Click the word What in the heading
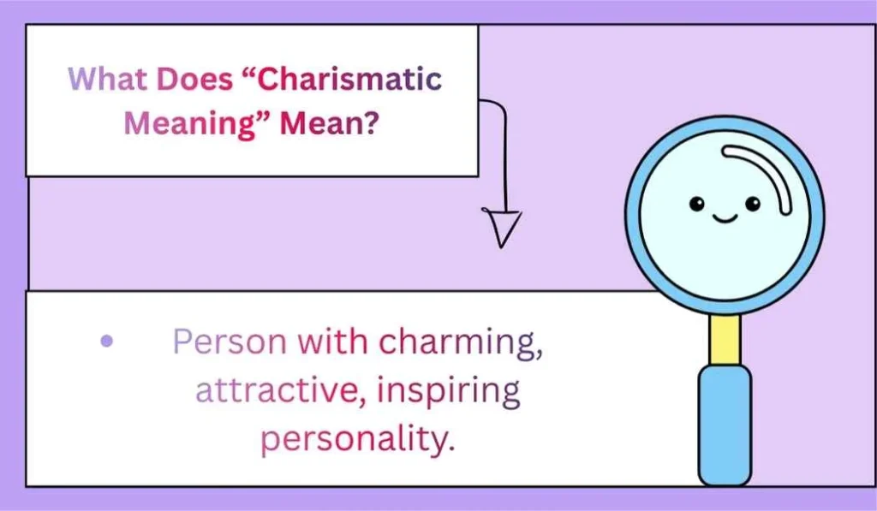click(x=100, y=80)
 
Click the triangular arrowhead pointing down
click(x=503, y=229)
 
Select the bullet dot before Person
click(x=106, y=342)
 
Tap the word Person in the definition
click(x=229, y=342)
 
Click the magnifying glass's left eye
click(x=696, y=203)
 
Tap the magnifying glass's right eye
click(x=752, y=203)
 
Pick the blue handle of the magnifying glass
click(x=725, y=424)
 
